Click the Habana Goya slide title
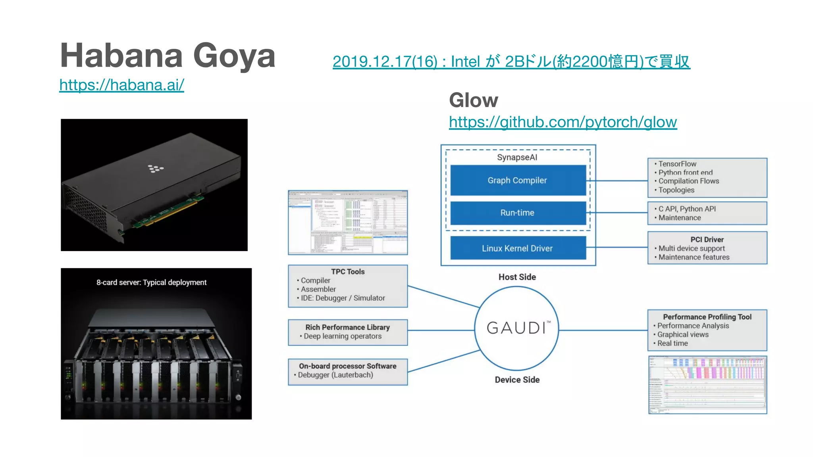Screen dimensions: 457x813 [168, 56]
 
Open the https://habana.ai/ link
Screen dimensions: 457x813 [121, 85]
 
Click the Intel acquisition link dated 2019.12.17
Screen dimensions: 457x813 [511, 61]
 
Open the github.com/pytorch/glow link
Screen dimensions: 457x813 [563, 122]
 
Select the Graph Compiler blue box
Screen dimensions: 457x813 [518, 180]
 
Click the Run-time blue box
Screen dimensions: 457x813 [518, 213]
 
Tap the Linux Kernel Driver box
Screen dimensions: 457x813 [518, 248]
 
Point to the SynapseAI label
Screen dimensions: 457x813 [517, 157]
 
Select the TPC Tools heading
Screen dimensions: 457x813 [348, 272]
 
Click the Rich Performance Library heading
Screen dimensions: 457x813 [348, 327]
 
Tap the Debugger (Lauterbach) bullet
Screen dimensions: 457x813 [335, 375]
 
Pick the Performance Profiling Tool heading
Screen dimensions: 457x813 [707, 317]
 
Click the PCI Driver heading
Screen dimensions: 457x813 [707, 240]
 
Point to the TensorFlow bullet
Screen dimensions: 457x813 [677, 164]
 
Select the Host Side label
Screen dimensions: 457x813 [517, 277]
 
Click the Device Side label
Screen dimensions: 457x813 [517, 380]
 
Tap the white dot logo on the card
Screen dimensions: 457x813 [156, 169]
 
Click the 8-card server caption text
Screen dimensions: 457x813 [151, 282]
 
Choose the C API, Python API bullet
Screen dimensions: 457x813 [687, 209]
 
